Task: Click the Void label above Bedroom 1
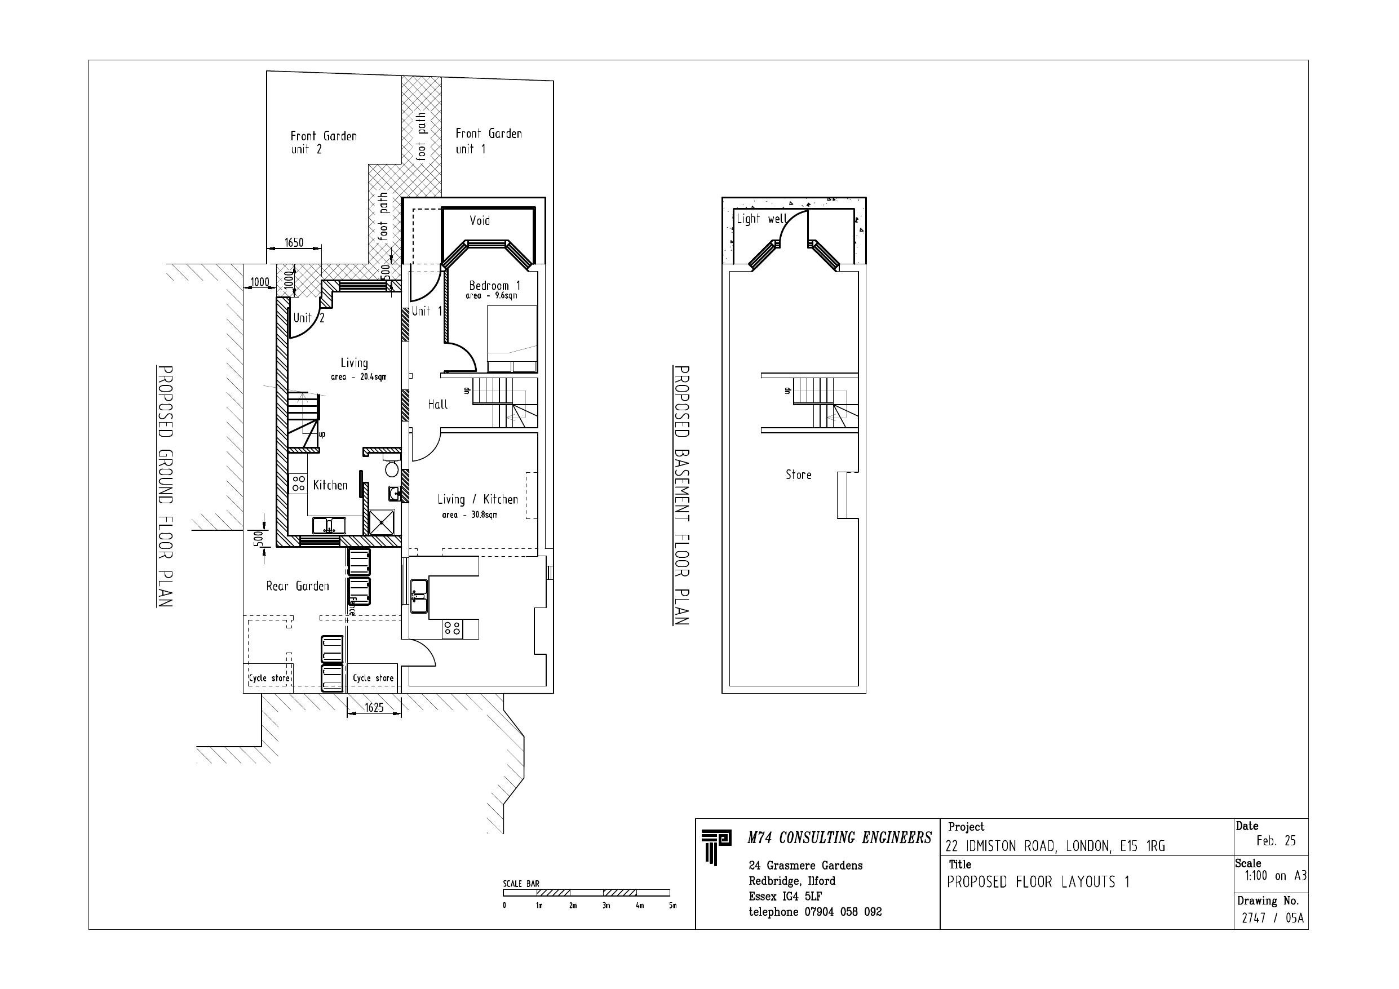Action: (x=480, y=220)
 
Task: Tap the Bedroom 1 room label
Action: (x=494, y=285)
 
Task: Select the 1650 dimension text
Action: (x=294, y=242)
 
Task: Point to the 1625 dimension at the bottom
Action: (x=374, y=707)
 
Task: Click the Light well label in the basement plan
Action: (x=762, y=219)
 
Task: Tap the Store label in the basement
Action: (x=798, y=474)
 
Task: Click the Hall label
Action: (x=437, y=404)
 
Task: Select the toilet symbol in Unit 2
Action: (x=392, y=468)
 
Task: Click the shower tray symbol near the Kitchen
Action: (x=382, y=522)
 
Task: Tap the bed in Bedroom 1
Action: (x=512, y=338)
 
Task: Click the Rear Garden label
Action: (x=298, y=586)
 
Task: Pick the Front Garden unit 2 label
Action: (x=323, y=142)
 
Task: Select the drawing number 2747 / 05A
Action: (x=1273, y=917)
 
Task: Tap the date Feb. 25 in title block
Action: (x=1276, y=841)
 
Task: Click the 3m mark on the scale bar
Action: (x=606, y=906)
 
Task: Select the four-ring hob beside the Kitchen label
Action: (x=299, y=484)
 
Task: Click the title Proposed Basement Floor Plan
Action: (x=681, y=495)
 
